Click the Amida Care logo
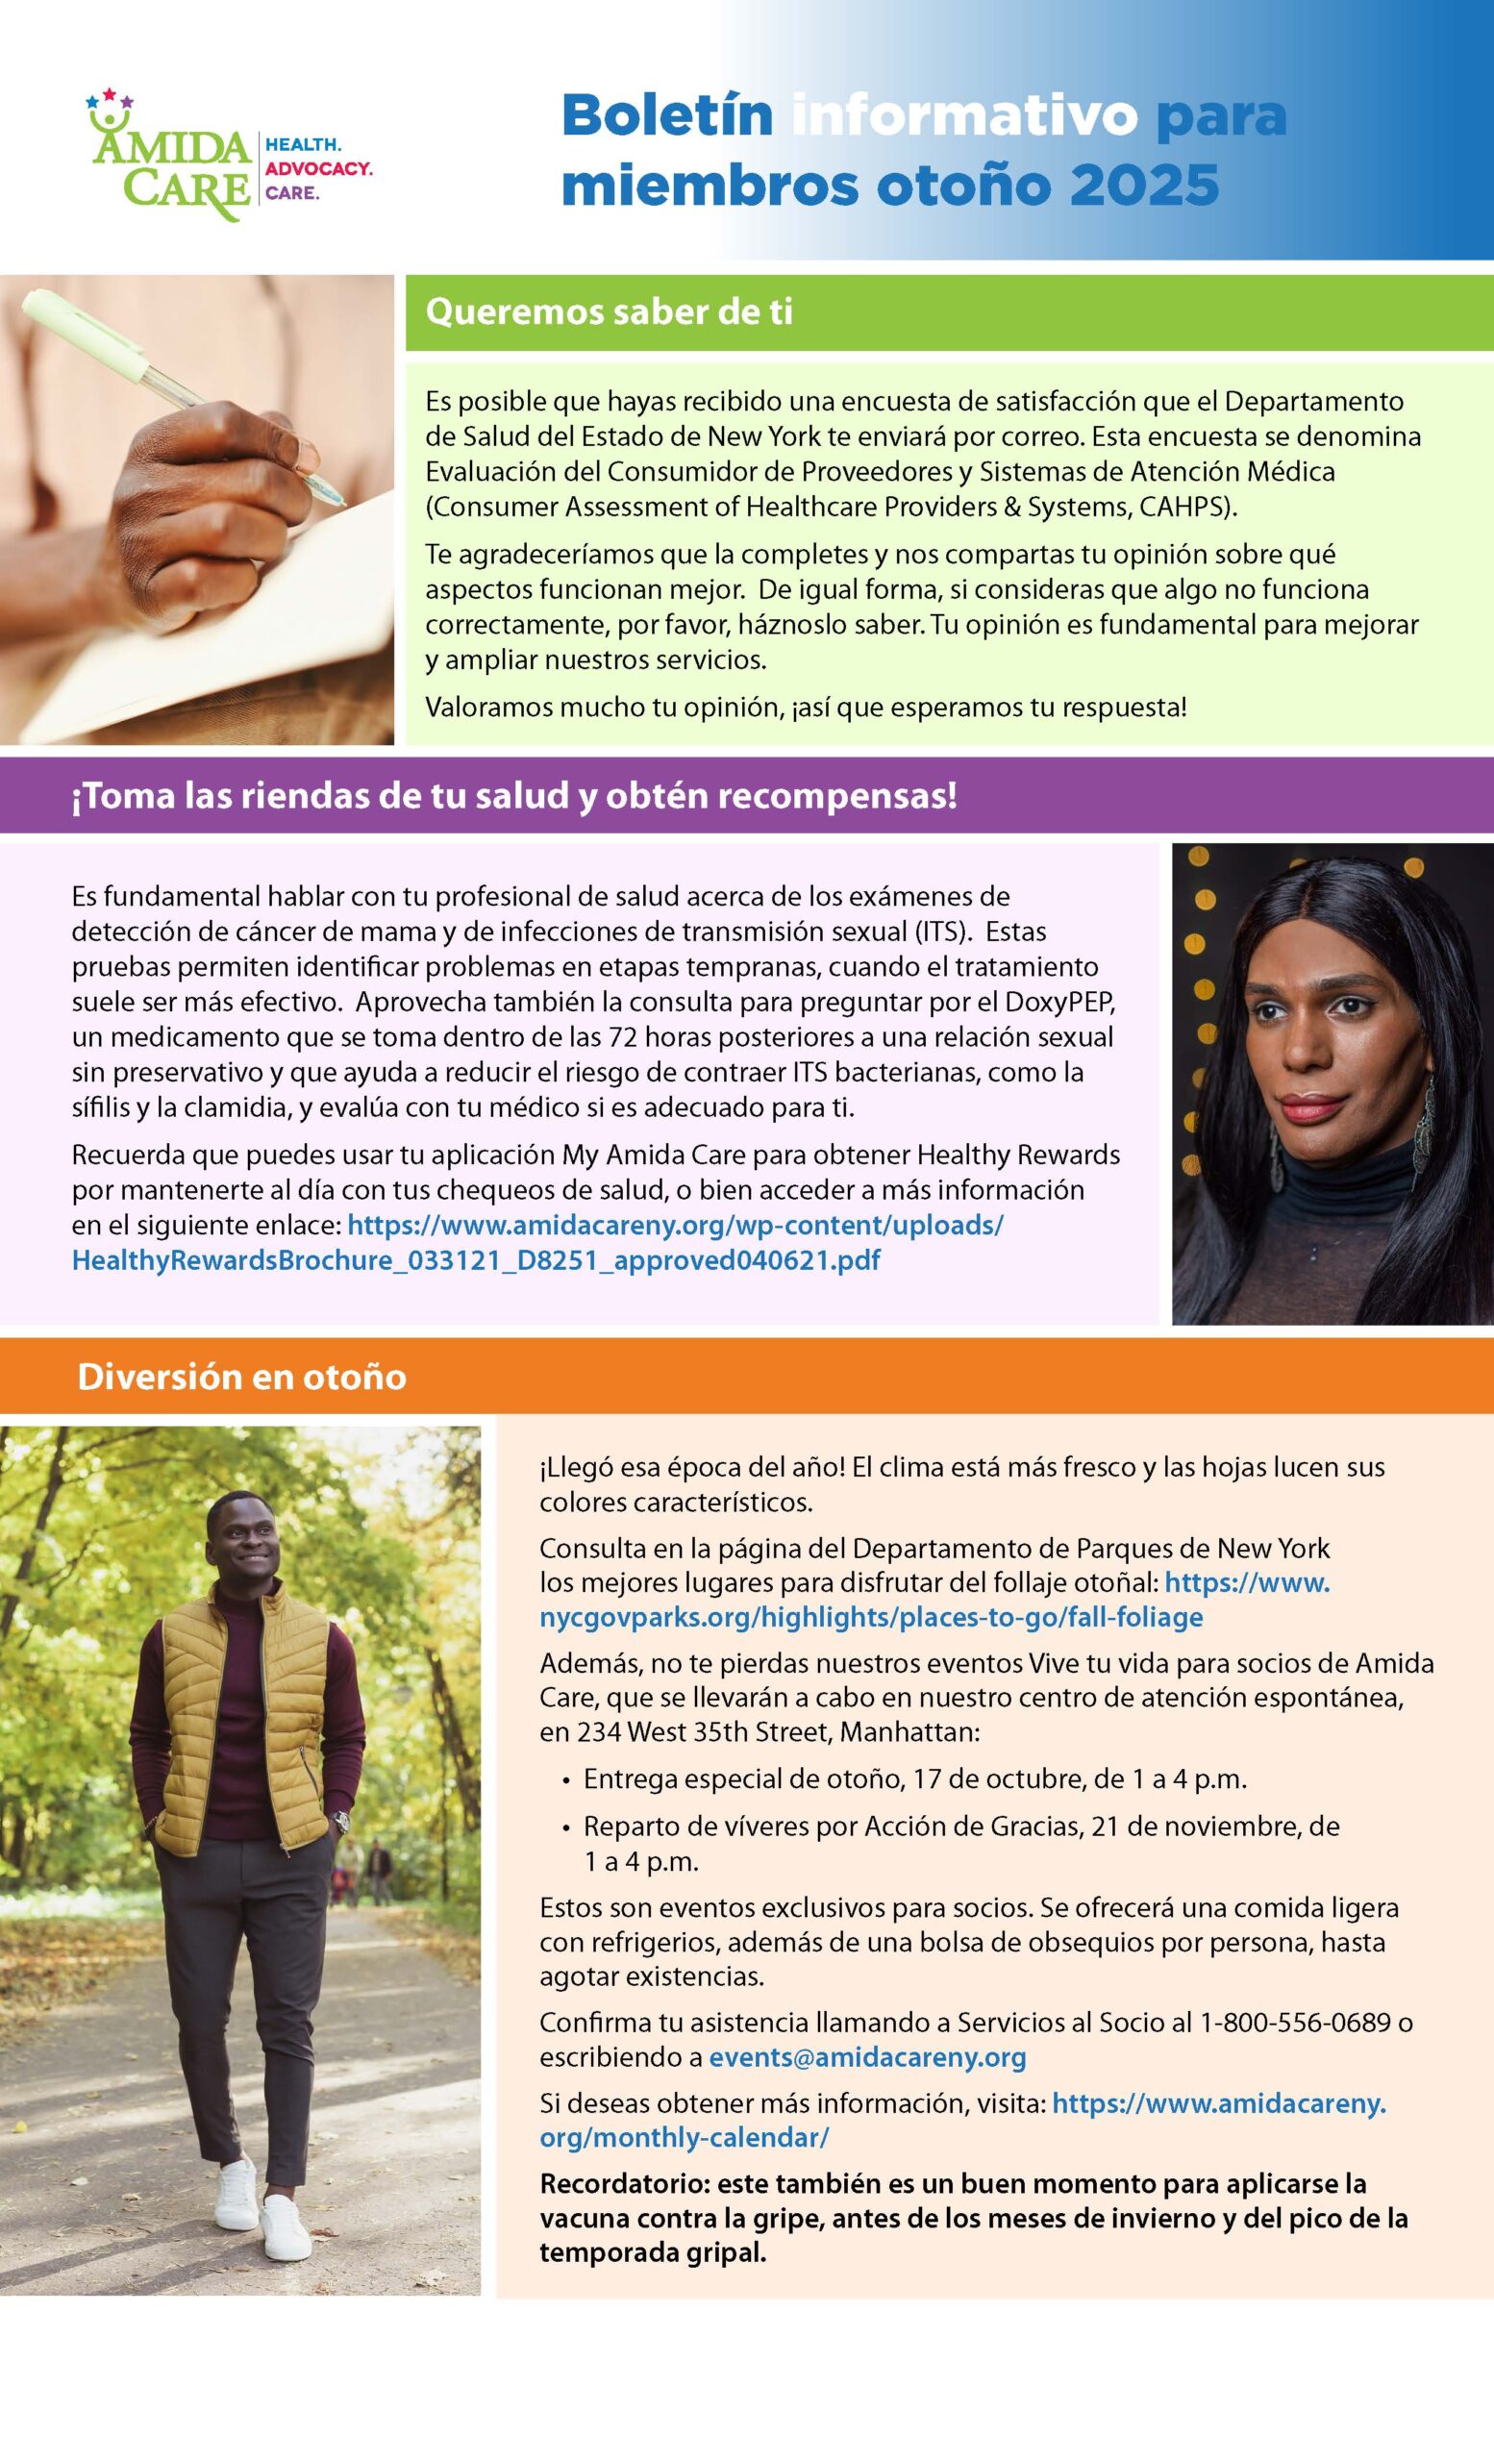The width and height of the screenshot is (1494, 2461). tap(170, 160)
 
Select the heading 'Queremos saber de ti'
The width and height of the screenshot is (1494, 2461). tap(610, 311)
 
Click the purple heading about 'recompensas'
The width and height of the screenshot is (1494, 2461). tap(514, 796)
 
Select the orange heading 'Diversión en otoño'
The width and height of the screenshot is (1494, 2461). tap(241, 1377)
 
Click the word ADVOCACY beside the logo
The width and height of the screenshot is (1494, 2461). tap(317, 169)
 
